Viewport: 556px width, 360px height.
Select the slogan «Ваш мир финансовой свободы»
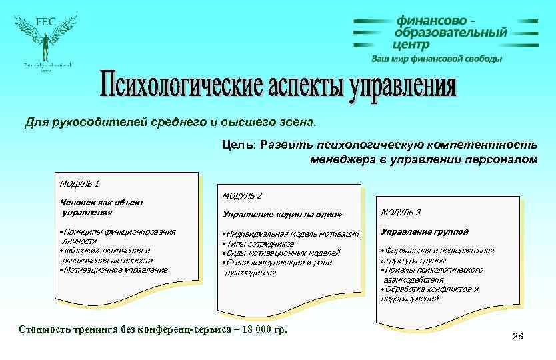point(437,59)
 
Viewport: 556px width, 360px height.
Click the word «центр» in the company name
point(411,45)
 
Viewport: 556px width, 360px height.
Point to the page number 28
point(518,336)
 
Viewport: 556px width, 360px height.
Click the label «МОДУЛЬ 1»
point(79,183)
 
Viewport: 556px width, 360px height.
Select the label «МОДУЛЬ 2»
point(242,195)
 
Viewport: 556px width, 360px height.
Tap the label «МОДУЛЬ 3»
point(401,213)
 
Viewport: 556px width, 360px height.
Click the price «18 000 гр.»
point(262,329)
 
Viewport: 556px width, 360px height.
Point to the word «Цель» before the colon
point(235,145)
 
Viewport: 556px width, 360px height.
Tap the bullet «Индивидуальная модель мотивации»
point(292,234)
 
